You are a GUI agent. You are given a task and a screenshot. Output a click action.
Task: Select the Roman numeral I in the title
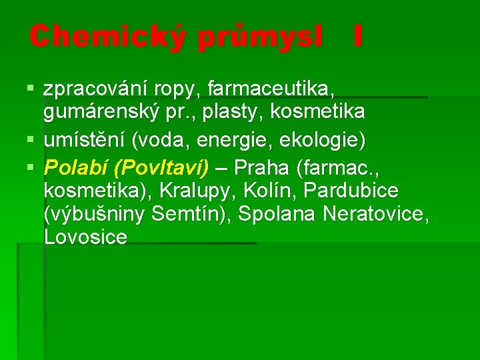tap(358, 37)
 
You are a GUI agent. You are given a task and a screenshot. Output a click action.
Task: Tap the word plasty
tap(234, 112)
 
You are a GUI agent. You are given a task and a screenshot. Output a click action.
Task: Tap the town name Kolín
tap(273, 191)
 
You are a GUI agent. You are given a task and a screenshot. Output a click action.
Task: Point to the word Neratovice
tap(375, 215)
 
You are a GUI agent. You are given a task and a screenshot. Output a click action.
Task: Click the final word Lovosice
tap(85, 238)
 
